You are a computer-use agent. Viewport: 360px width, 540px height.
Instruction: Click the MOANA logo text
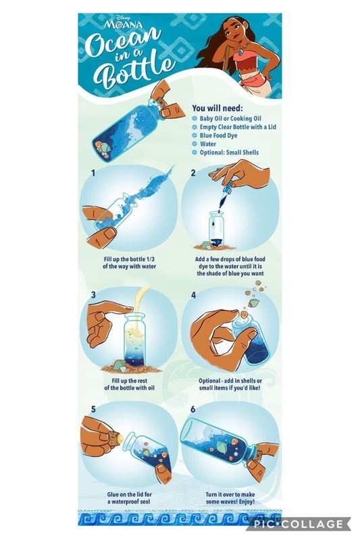pyautogui.click(x=124, y=24)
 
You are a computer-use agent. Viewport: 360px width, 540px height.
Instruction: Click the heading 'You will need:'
pyautogui.click(x=217, y=108)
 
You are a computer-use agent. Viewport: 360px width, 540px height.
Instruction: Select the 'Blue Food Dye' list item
pyautogui.click(x=218, y=136)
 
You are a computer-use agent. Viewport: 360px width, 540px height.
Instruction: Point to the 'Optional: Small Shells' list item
pyautogui.click(x=229, y=153)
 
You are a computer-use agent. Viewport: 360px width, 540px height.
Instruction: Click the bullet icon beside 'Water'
pyautogui.click(x=195, y=144)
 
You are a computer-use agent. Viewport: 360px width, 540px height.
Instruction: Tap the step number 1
pyautogui.click(x=93, y=173)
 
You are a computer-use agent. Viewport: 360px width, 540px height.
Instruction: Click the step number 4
pyautogui.click(x=193, y=295)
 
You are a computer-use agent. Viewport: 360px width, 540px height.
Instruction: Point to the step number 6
pyautogui.click(x=193, y=409)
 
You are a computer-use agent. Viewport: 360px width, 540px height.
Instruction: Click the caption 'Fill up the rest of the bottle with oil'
pyautogui.click(x=130, y=384)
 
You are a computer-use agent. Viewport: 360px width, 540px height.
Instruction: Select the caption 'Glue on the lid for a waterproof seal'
pyautogui.click(x=129, y=498)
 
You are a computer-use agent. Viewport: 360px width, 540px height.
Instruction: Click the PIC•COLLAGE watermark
pyautogui.click(x=299, y=524)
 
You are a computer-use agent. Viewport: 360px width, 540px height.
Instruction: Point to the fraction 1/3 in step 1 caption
pyautogui.click(x=150, y=259)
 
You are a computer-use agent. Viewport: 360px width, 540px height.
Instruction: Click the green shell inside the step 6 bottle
pyautogui.click(x=220, y=447)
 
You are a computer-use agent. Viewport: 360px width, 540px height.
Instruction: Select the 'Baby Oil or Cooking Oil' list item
pyautogui.click(x=230, y=119)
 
